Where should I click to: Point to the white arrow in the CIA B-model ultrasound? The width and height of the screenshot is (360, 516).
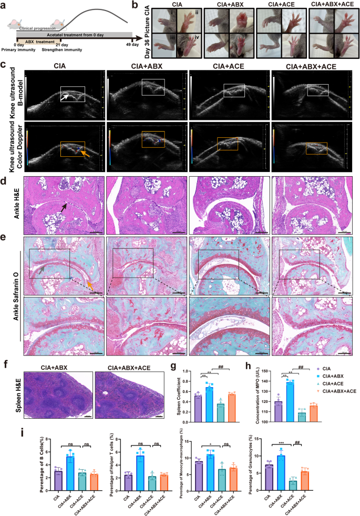tap(67, 97)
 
